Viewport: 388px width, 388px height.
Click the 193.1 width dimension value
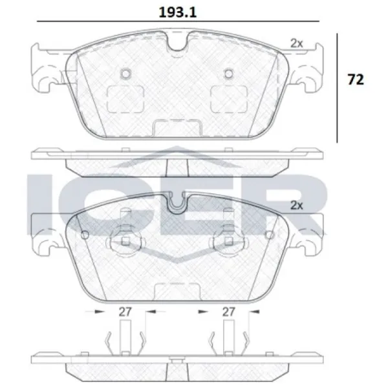click(178, 12)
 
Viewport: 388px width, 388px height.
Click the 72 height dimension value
click(356, 80)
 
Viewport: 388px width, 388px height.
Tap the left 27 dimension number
click(125, 312)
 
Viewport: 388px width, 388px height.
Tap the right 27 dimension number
click(228, 312)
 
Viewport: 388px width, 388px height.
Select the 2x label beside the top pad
click(296, 43)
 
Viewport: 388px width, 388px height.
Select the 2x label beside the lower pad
click(296, 205)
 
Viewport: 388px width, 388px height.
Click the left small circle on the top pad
click(125, 74)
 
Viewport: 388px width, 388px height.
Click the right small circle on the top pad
click(229, 74)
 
